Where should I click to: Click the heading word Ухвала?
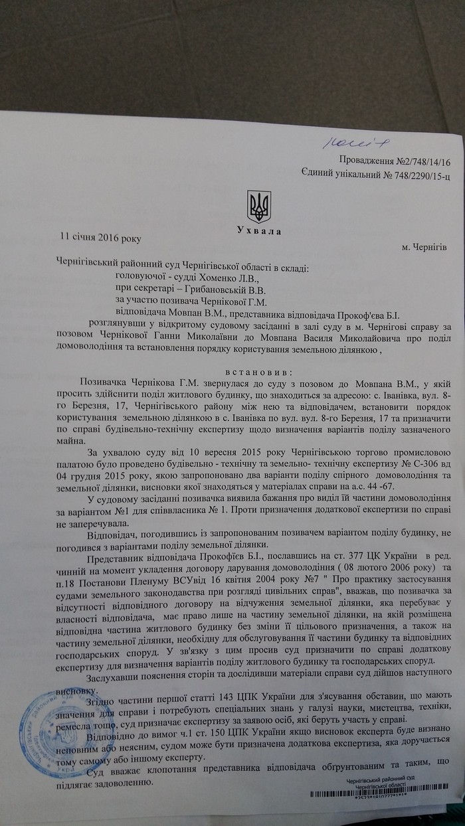[x=258, y=231]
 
